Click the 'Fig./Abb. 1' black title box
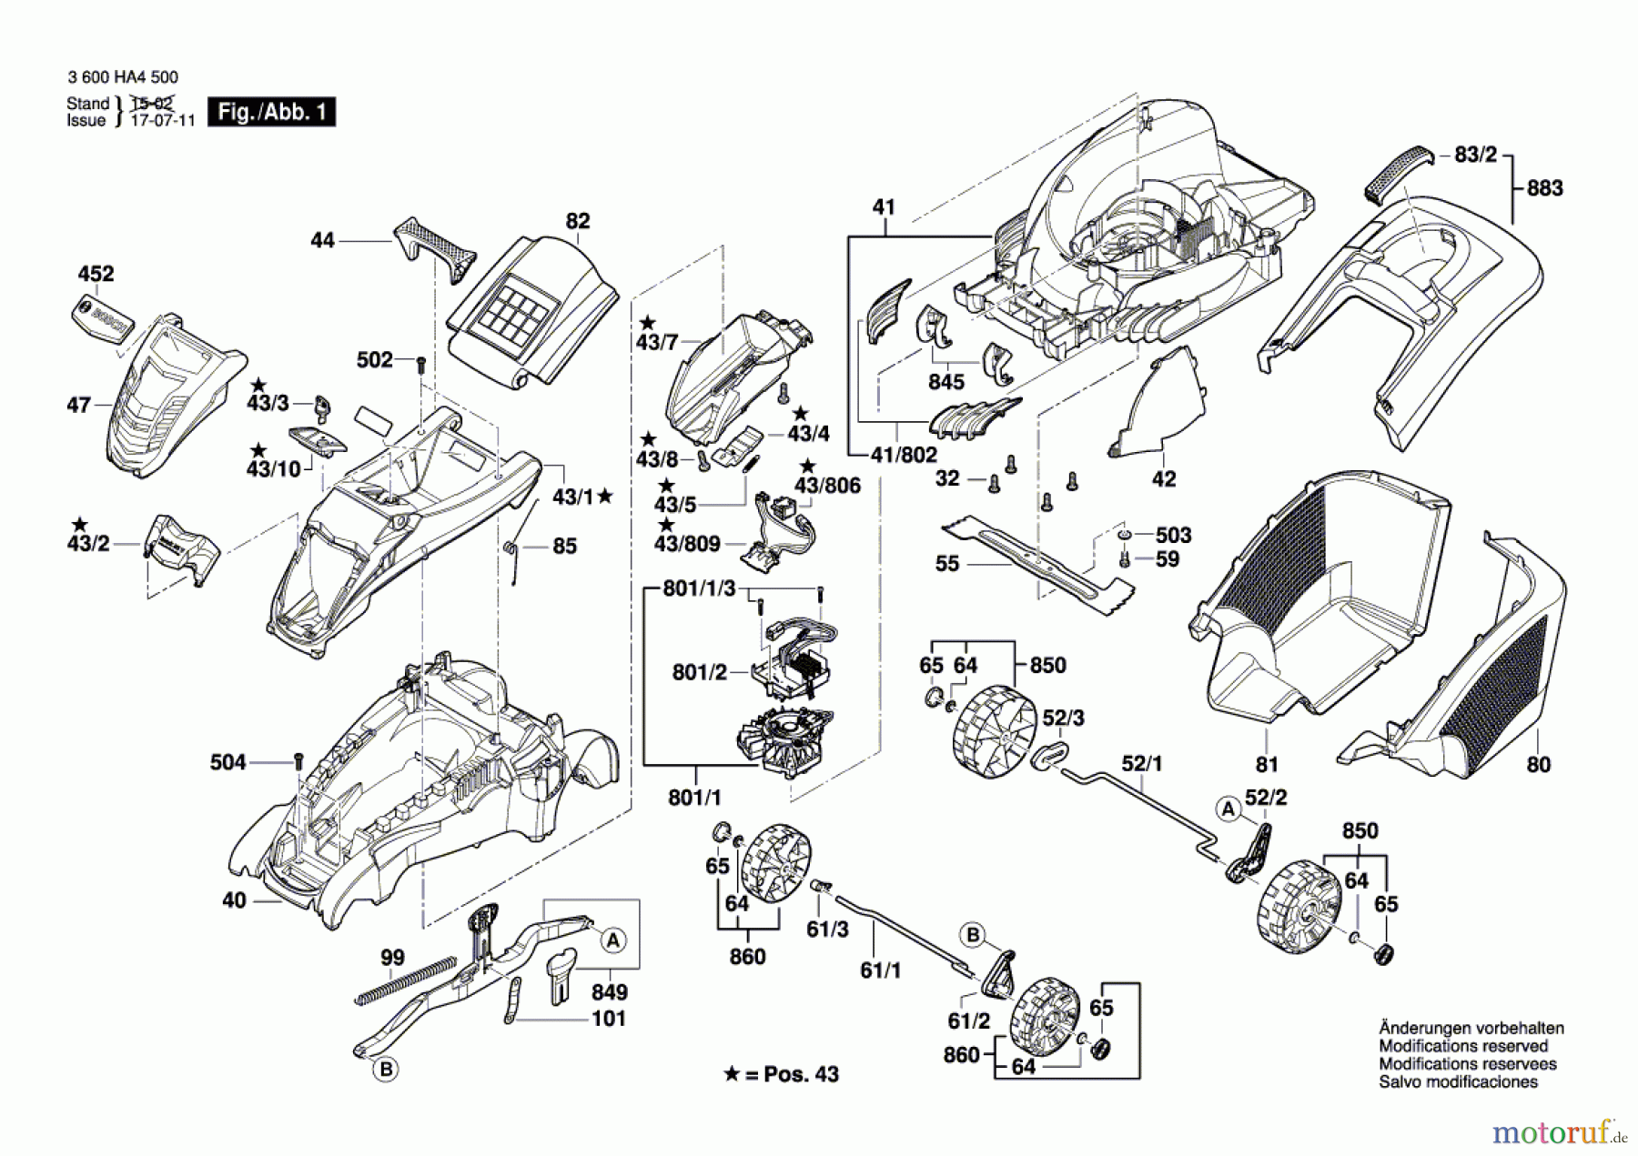click(271, 112)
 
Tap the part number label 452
click(96, 274)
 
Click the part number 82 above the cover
click(578, 221)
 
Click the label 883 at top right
click(1544, 188)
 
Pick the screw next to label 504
click(298, 761)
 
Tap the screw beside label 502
click(420, 365)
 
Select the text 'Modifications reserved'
click(1463, 1046)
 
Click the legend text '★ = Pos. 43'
click(781, 1074)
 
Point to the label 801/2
click(699, 672)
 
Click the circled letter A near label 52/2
click(1228, 808)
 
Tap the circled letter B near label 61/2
click(973, 934)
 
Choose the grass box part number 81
click(1267, 765)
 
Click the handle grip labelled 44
click(435, 249)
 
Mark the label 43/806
click(827, 486)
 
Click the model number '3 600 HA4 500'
click(123, 77)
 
